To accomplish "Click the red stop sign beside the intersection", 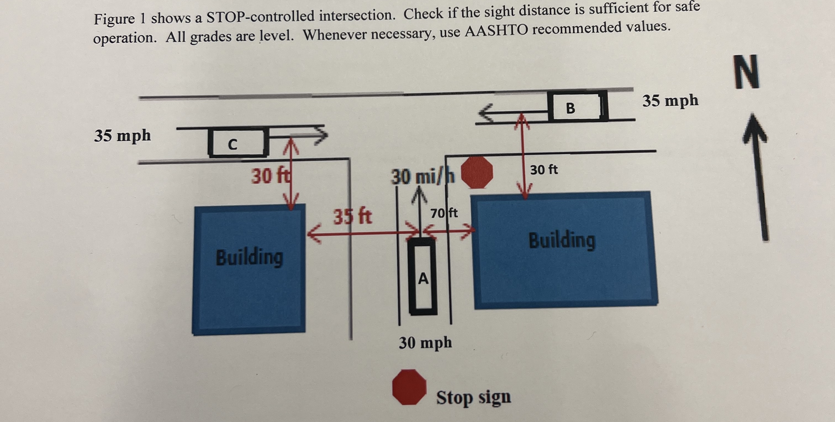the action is [x=477, y=173].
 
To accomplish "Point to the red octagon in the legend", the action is [x=409, y=387].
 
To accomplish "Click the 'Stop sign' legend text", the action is [x=473, y=397].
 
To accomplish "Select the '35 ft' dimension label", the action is [x=353, y=216].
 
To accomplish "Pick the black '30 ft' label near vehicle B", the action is [x=544, y=170].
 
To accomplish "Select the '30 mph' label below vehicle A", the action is [x=425, y=343].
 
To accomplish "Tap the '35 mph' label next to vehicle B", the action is [x=670, y=101].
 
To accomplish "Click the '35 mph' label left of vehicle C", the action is [x=123, y=135].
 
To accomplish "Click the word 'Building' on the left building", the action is [x=249, y=257].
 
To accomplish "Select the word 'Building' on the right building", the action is [x=562, y=240].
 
